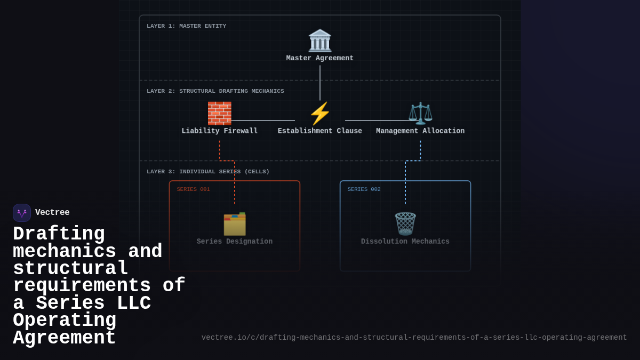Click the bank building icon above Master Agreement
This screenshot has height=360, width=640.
320,41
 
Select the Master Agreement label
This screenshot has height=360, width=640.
320,58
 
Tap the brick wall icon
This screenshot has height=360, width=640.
219,113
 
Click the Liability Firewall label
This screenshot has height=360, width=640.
219,131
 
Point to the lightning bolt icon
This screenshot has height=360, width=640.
320,113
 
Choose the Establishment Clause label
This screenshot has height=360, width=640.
320,131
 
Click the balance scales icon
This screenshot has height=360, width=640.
420,113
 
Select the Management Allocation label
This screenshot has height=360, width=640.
420,131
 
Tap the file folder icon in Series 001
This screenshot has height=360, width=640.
235,224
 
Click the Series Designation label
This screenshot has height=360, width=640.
235,242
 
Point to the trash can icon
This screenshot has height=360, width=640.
405,224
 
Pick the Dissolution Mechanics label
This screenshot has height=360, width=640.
405,242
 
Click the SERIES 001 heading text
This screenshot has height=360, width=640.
193,189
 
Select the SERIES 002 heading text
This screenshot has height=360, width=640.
364,189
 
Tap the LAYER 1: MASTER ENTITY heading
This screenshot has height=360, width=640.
186,26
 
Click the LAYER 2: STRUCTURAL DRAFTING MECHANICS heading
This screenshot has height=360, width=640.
215,91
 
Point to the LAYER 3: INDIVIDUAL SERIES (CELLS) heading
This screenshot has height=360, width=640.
208,172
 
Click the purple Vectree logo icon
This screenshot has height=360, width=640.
22,213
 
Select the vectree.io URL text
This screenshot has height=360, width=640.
414,338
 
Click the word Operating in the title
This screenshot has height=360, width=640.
65,321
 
